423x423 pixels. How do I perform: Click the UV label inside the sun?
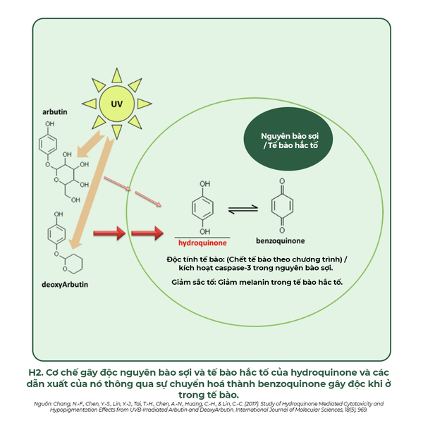[117, 104]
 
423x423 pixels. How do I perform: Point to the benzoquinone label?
[281, 240]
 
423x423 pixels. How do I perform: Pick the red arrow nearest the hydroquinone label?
[148, 231]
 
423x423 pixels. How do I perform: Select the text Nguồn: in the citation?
[44, 403]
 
